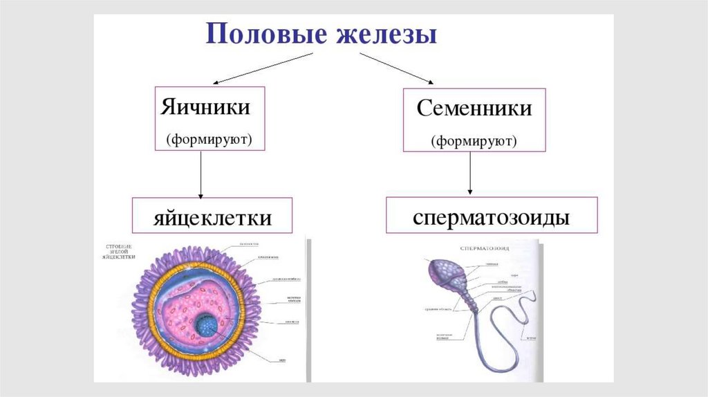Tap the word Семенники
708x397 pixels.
click(474, 109)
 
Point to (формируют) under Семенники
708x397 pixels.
click(474, 142)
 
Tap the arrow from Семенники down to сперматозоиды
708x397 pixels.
click(470, 173)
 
